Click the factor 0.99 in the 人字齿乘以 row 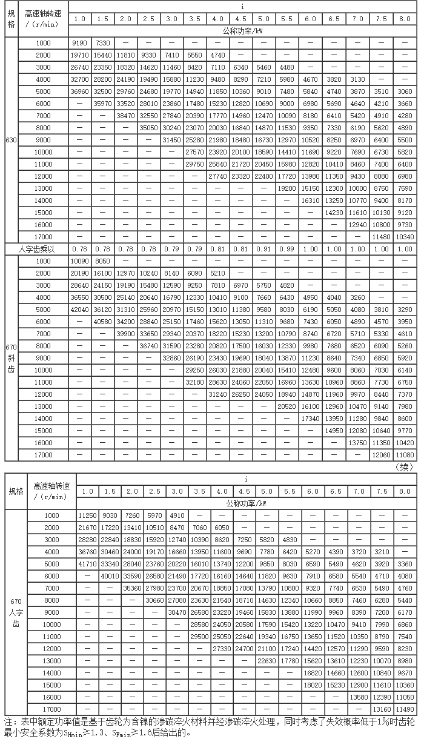[287, 249]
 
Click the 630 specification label [11, 140]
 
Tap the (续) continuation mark [403, 466]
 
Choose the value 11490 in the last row [405, 709]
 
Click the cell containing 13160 [382, 709]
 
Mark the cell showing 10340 [405, 237]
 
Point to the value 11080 [405, 455]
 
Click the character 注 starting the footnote [8, 722]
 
